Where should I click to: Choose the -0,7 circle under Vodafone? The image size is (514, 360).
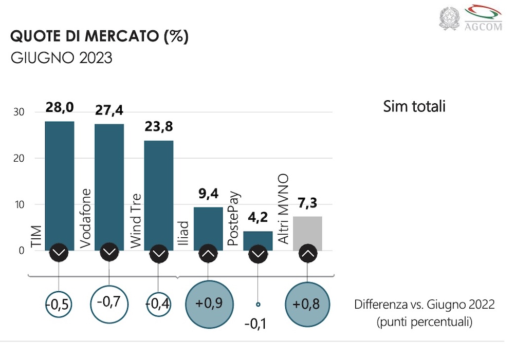tap(109, 302)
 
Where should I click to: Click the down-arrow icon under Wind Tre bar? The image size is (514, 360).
tap(159, 253)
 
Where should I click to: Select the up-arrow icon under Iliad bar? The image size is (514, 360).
tap(208, 253)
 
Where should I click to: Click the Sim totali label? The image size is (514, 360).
tap(414, 107)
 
